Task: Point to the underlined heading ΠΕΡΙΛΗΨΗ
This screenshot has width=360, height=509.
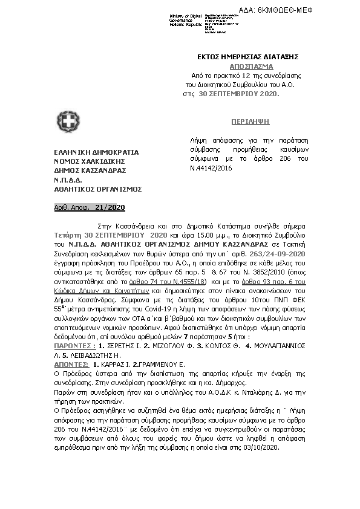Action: point(250,122)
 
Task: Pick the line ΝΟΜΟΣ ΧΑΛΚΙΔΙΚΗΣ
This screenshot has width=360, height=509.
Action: point(90,161)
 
